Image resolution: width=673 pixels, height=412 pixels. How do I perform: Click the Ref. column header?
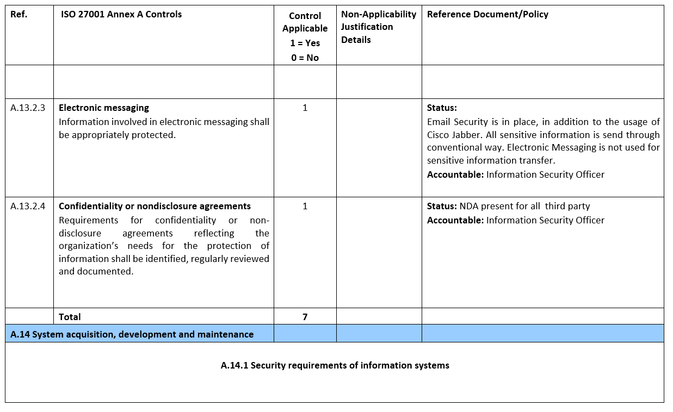pos(18,15)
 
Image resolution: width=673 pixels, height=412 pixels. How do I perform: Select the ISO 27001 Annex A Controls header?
pos(121,15)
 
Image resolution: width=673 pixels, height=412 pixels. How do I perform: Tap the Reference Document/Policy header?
pos(487,15)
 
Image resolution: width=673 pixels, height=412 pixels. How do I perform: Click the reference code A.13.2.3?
pos(28,108)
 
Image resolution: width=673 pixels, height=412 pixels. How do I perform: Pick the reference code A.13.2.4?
pos(28,206)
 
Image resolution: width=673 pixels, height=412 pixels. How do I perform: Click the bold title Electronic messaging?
pos(104,108)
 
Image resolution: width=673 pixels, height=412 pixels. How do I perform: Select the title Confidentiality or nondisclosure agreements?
pos(155,206)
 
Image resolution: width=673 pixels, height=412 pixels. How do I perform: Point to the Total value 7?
pos(305,316)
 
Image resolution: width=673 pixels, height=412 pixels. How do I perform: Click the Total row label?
pos(70,316)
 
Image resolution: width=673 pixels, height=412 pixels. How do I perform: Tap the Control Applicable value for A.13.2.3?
pos(305,108)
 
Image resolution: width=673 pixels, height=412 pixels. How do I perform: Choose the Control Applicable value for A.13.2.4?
pos(305,206)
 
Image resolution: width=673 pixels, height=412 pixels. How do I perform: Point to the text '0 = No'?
pos(305,58)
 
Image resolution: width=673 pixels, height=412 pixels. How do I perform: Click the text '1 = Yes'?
pos(305,43)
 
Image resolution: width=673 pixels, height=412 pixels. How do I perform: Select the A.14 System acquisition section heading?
pos(132,334)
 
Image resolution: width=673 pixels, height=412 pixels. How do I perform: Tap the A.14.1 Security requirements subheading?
pos(335,365)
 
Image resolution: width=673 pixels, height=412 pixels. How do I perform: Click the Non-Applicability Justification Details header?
pos(378,27)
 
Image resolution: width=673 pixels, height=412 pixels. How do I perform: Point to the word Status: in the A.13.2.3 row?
pos(442,108)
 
